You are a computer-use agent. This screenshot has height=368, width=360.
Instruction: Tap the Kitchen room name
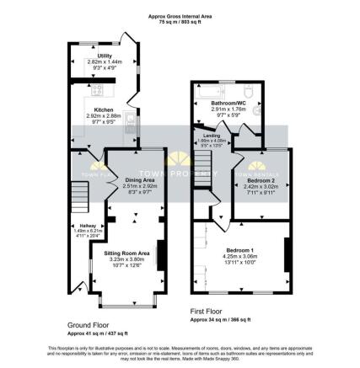104,109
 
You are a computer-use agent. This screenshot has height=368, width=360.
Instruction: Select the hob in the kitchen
96,89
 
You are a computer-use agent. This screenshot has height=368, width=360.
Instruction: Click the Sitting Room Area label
126,253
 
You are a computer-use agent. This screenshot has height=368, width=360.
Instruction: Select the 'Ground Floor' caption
89,323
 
